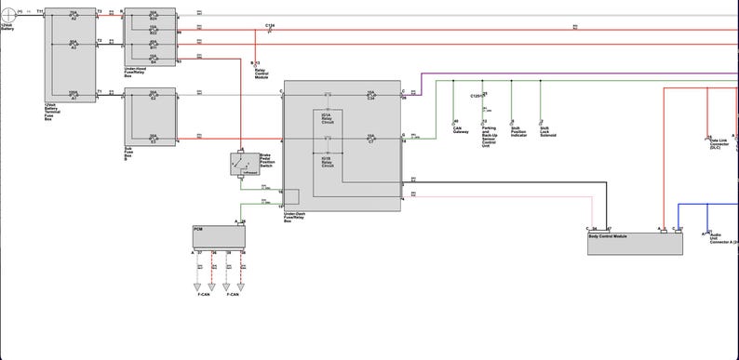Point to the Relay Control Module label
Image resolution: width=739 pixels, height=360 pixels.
(x=262, y=71)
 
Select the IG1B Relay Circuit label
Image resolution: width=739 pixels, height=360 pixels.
(x=328, y=162)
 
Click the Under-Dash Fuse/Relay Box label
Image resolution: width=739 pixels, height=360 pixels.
(x=294, y=219)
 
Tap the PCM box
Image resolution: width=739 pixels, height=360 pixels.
(x=218, y=236)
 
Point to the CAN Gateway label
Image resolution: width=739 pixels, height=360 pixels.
(x=461, y=131)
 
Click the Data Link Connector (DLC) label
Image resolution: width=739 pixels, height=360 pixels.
(x=719, y=144)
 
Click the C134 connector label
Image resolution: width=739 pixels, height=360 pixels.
(x=269, y=25)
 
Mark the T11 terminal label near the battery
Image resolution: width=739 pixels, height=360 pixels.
(x=40, y=12)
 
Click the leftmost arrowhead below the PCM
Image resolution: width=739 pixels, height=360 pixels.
(x=198, y=286)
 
